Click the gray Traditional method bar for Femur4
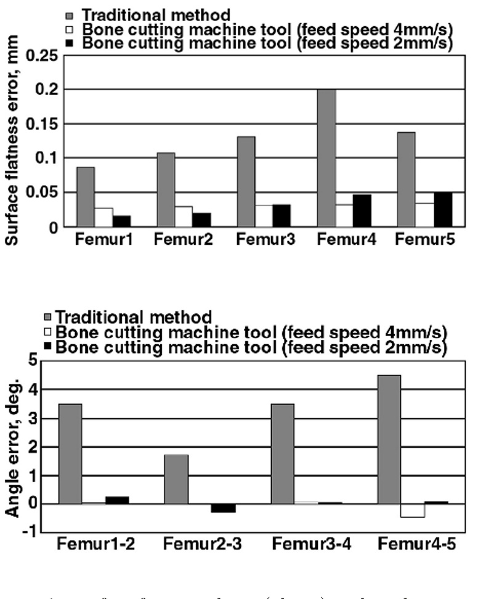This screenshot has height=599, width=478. [x=326, y=159]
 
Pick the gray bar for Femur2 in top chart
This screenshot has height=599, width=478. [x=166, y=190]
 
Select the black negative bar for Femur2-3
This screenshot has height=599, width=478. [x=223, y=508]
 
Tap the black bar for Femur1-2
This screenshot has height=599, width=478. [x=117, y=500]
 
